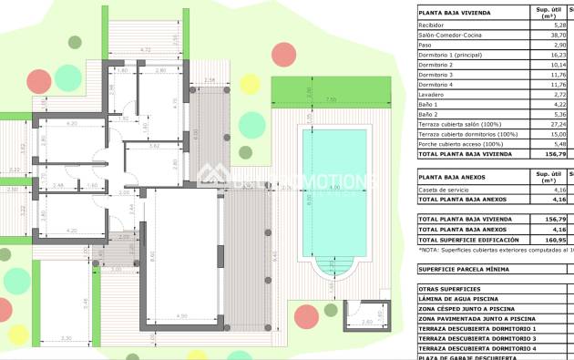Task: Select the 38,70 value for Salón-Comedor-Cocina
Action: click(548, 35)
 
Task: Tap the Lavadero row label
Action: click(431, 94)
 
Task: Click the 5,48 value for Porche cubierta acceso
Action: click(549, 143)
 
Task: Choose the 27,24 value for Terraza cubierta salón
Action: click(548, 124)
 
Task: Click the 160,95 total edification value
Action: click(546, 240)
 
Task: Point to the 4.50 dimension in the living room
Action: click(182, 316)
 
